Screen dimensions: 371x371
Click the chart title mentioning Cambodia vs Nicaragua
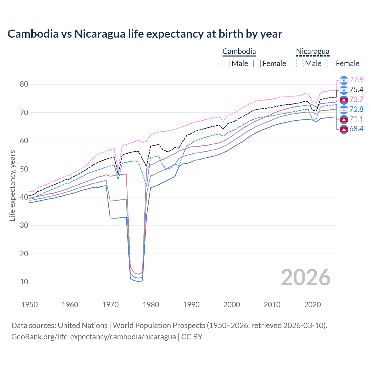pyautogui.click(x=145, y=34)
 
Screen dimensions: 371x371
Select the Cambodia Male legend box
pyautogui.click(x=226, y=63)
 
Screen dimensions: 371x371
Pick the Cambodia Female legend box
pyautogui.click(x=257, y=63)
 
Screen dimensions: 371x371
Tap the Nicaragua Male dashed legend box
pyautogui.click(x=300, y=63)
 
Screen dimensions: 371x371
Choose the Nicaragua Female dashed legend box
pyautogui.click(x=331, y=63)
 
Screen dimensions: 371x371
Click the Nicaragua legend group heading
pyautogui.click(x=312, y=51)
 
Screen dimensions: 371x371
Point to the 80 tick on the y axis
pyautogui.click(x=24, y=84)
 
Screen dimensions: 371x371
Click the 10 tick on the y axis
pyautogui.click(x=24, y=282)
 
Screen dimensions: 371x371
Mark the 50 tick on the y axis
pyautogui.click(x=24, y=169)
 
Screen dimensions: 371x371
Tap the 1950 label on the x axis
pyautogui.click(x=30, y=305)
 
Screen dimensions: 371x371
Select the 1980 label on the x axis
pyautogui.click(x=151, y=305)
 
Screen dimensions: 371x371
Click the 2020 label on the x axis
pyautogui.click(x=312, y=305)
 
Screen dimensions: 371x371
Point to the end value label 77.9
pyautogui.click(x=356, y=80)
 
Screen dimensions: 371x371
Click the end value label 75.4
pyautogui.click(x=356, y=90)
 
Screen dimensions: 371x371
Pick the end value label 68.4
pyautogui.click(x=356, y=129)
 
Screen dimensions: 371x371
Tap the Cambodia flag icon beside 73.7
pyautogui.click(x=344, y=100)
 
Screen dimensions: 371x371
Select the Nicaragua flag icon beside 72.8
pyautogui.click(x=344, y=110)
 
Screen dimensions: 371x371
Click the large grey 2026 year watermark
pyautogui.click(x=306, y=277)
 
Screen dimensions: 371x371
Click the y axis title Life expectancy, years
pyautogui.click(x=12, y=185)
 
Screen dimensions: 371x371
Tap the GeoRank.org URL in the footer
pyautogui.click(x=93, y=337)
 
